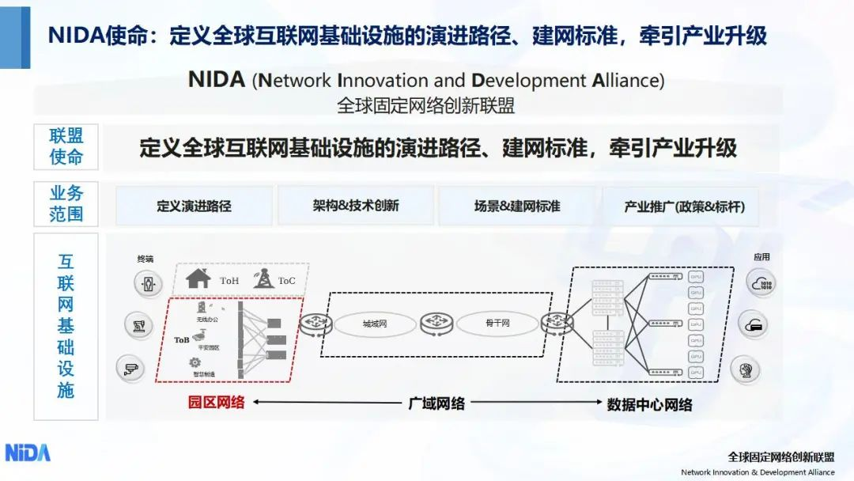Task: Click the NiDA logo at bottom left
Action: pos(28,452)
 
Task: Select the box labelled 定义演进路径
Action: pos(194,206)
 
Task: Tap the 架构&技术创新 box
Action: pos(355,206)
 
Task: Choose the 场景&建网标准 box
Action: pos(517,206)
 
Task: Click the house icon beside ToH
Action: pos(198,278)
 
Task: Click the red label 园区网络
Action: pos(216,402)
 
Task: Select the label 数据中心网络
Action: pos(649,404)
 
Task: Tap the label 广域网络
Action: pos(436,403)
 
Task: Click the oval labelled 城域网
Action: pos(375,324)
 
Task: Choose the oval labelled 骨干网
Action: pos(497,323)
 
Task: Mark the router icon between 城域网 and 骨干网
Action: pos(436,323)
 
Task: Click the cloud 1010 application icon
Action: pos(761,282)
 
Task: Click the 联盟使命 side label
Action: pos(66,146)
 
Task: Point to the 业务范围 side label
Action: pos(66,203)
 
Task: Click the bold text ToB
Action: pos(182,339)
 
